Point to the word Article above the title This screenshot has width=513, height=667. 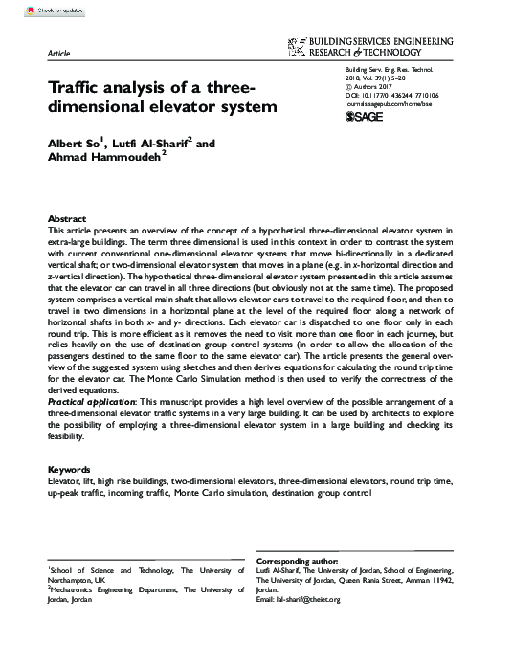tap(58, 57)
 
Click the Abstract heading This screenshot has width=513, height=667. tap(68, 219)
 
